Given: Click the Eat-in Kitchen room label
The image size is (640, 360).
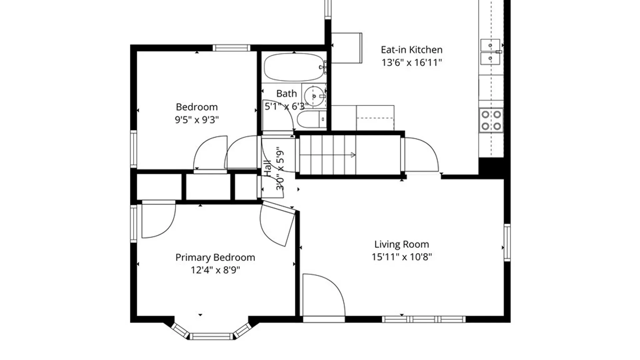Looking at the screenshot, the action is coord(412,50).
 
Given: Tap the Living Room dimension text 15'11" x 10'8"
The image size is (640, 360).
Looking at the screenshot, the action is coord(402,257).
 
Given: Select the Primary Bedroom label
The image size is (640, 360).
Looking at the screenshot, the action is coord(215,258).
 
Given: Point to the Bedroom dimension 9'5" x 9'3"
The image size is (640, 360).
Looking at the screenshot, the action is coord(197,119).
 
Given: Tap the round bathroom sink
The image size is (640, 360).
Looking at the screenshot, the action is coord(314,96).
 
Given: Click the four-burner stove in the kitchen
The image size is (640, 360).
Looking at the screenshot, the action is coord(491,120).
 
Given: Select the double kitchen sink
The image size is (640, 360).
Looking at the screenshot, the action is coord(490,52).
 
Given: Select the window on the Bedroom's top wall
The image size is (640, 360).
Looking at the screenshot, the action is coord(231,48).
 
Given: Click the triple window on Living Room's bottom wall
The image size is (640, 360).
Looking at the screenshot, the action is coord(423,319).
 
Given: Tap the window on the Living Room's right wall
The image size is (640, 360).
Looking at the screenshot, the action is coord(507,242).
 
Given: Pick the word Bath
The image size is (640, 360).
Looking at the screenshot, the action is coord(286,94).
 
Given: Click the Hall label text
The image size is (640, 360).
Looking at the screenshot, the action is coord(268,168).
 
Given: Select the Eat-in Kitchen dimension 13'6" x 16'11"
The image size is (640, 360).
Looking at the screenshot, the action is coord(412,62).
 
